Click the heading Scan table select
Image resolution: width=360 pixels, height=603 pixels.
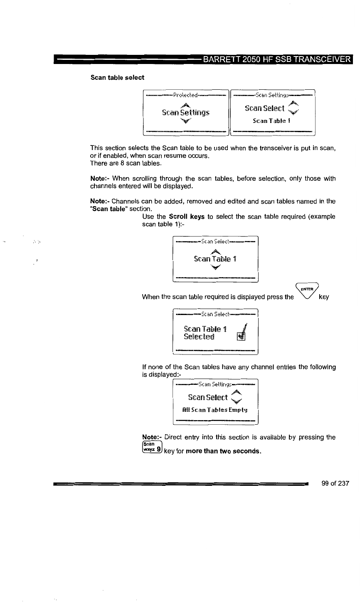118,77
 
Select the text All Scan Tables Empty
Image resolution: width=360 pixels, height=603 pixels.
215,412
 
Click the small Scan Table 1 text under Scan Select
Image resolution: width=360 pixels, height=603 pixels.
272,121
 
